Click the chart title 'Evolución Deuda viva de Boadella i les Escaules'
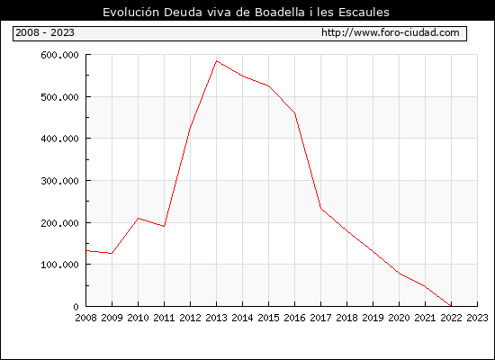246,13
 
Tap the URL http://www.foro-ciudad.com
391,32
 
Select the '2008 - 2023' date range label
45,32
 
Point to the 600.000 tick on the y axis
59,55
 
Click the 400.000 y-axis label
59,139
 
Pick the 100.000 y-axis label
59,265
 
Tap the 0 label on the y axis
76,306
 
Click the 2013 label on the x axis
216,318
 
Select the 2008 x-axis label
85,318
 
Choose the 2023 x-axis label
477,318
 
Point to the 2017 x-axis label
320,318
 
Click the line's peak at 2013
216,60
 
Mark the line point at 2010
139,218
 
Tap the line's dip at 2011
164,226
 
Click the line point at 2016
294,112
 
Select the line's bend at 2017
320,208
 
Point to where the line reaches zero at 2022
451,306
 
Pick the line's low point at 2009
112,253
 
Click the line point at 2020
399,274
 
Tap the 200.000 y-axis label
59,223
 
